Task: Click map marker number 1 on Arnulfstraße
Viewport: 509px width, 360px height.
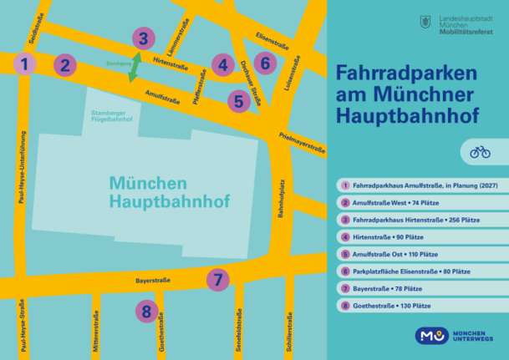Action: [x=25, y=63]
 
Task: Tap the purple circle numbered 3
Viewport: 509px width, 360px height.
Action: [x=144, y=38]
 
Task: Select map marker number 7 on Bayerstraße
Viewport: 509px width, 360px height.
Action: [x=217, y=280]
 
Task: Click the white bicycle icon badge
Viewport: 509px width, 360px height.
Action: [x=480, y=152]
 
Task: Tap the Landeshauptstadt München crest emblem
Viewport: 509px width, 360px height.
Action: [x=429, y=21]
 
